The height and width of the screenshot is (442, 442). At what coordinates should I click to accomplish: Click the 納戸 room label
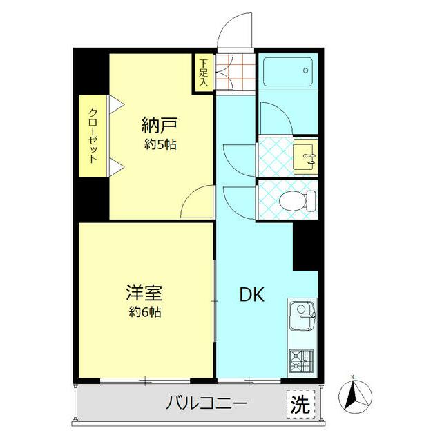coord(160,126)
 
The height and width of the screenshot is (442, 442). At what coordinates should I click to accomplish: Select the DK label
coord(251,294)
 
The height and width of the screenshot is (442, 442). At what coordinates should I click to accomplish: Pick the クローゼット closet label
coord(93,136)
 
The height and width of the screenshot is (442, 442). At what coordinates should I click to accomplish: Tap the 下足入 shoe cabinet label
coord(204,72)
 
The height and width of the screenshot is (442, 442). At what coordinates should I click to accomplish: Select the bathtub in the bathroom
coord(286,71)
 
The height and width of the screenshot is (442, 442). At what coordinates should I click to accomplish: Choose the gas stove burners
coord(301,360)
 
